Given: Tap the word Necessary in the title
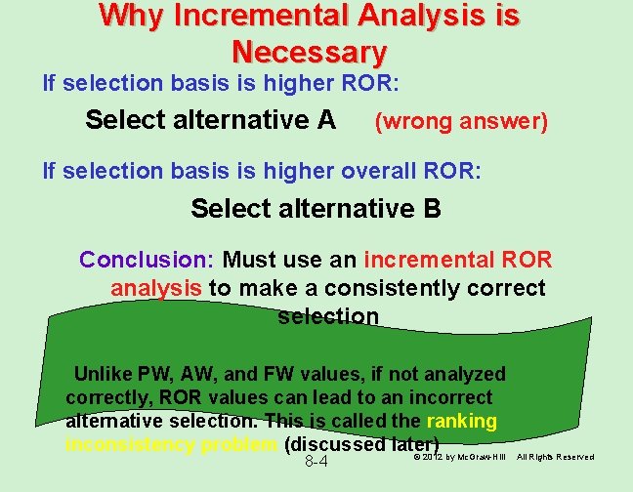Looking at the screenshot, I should click(310, 51).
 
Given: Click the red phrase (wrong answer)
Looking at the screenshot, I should click(461, 122).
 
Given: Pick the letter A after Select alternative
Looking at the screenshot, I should click(326, 120).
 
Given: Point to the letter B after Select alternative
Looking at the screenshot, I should click(431, 209).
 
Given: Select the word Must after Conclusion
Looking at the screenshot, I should click(251, 260).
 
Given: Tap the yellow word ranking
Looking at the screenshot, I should click(462, 421).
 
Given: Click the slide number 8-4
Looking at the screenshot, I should click(316, 462).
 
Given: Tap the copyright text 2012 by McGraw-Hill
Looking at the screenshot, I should click(463, 457).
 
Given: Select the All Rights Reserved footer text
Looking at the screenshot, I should click(555, 457).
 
